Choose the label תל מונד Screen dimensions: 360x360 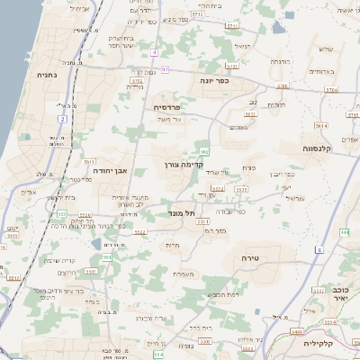182,213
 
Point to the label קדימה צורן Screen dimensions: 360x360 185,165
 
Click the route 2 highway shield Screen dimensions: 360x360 62,118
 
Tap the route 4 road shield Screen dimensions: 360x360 154,53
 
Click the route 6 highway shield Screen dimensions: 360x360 319,249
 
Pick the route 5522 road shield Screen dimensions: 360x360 139,232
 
